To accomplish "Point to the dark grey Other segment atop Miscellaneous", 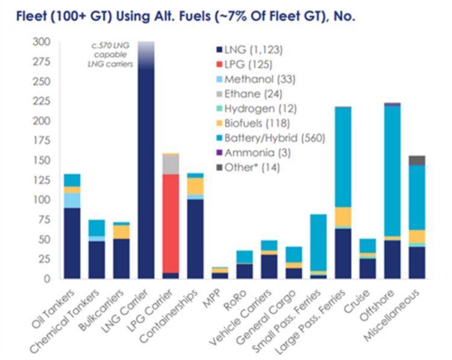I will [416, 160].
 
